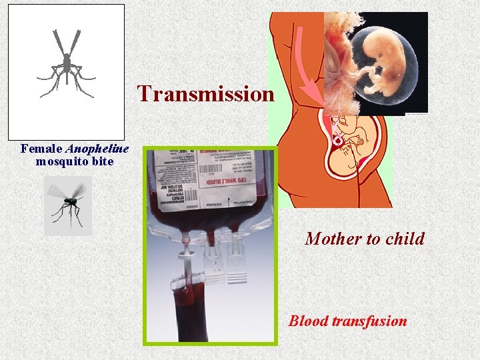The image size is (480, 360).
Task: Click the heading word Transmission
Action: tap(205, 94)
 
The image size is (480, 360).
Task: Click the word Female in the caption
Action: tap(42, 149)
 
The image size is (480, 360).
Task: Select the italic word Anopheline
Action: tap(97, 149)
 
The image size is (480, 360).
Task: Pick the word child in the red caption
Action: tap(403, 239)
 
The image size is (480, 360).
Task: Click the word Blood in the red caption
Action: tap(309, 321)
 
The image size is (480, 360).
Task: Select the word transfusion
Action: tap(370, 321)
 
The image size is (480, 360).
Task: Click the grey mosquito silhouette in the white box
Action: tap(66, 63)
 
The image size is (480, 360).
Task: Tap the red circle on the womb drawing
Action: tap(339, 140)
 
